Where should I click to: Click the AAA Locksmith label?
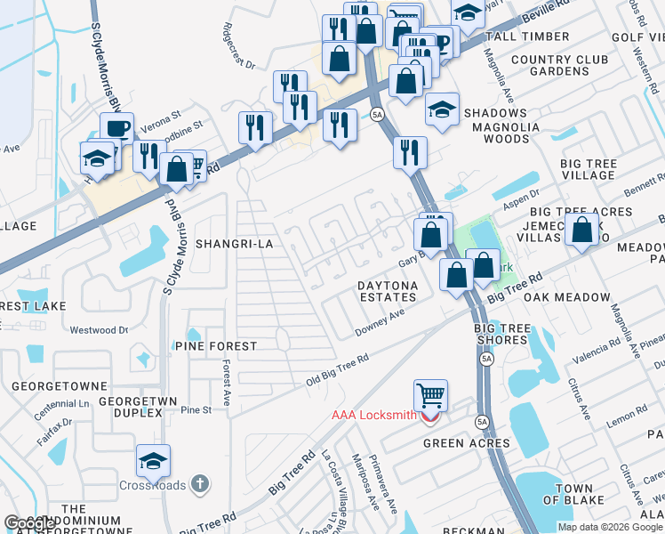pos(373,415)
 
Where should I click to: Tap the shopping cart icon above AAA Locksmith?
pos(430,394)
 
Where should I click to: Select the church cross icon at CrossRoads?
pos(201,485)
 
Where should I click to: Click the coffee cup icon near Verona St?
pos(116,127)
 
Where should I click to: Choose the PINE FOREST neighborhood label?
pos(216,345)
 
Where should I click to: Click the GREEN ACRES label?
pos(466,443)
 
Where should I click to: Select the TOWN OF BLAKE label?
pos(575,494)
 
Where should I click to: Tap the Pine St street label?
pos(196,410)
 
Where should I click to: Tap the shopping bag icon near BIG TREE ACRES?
pos(581,230)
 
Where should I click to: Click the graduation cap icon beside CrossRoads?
pos(153,460)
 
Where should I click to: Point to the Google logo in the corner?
pos(28,523)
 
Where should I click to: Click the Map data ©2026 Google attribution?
pos(610,527)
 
